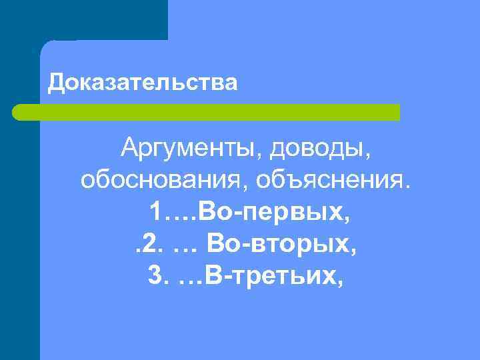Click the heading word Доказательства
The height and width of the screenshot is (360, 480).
pos(143,83)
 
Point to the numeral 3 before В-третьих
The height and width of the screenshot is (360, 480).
pos(155,275)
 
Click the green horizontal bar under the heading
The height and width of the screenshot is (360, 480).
pos(207,112)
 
